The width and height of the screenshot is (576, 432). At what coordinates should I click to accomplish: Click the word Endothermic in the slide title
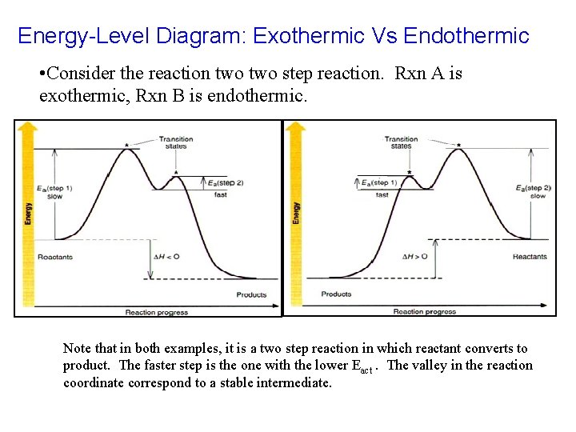(x=466, y=36)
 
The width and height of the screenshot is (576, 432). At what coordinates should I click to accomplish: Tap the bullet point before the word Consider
(x=42, y=74)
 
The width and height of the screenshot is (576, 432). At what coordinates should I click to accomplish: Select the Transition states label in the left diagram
(x=176, y=143)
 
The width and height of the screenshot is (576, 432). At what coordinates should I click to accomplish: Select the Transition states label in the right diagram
(x=402, y=143)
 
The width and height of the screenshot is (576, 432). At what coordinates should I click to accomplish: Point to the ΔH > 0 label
(x=414, y=256)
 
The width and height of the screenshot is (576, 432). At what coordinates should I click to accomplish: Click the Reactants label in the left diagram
(x=54, y=257)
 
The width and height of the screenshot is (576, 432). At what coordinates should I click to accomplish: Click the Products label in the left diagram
(x=251, y=294)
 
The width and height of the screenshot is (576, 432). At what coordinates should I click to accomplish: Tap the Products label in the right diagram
(x=336, y=294)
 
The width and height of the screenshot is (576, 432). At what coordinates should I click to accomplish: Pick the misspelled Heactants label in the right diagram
(x=530, y=257)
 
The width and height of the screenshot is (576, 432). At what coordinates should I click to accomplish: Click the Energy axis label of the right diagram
(x=296, y=212)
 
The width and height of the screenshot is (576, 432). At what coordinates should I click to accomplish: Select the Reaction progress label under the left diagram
(x=156, y=312)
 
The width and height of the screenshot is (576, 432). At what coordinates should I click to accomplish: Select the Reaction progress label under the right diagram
(x=424, y=312)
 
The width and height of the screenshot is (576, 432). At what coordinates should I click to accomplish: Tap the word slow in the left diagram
(x=56, y=196)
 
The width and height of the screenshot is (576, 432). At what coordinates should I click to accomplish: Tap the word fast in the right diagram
(x=382, y=194)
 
